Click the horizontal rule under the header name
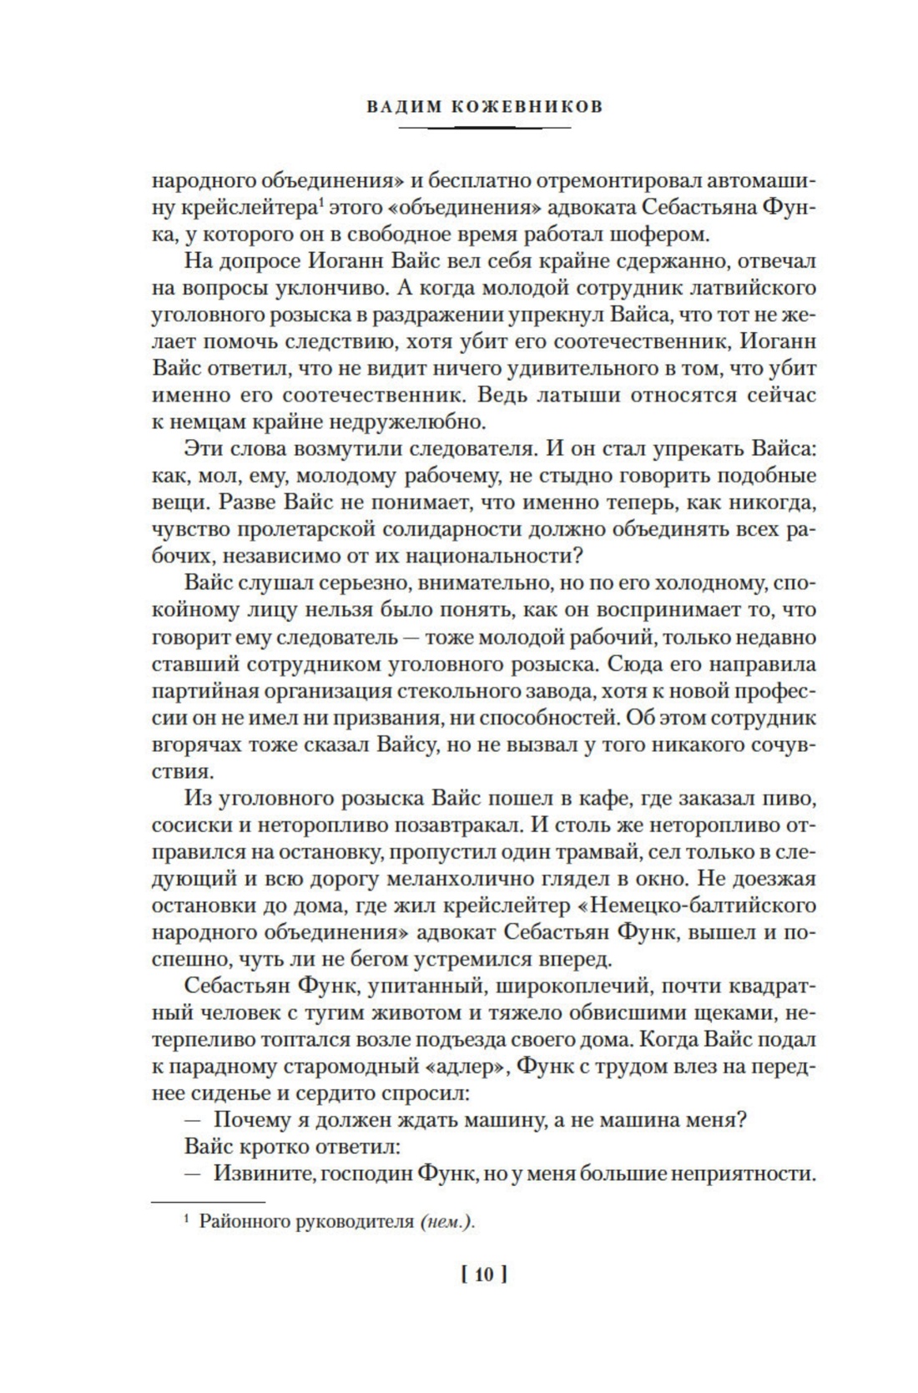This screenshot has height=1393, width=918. (x=485, y=128)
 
